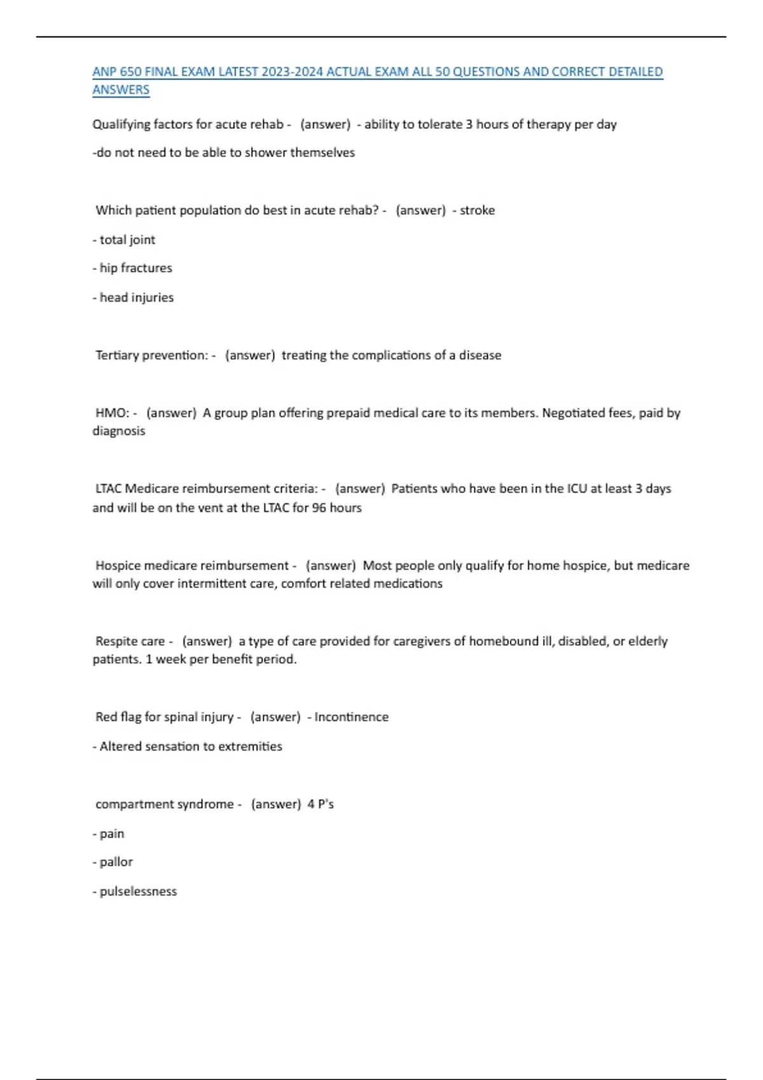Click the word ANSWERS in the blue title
(121, 90)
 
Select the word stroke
(477, 210)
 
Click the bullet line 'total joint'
(127, 240)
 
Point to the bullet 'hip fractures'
(135, 268)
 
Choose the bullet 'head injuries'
(136, 297)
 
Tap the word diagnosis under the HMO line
(119, 431)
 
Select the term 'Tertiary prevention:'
(151, 355)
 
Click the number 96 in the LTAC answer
(319, 508)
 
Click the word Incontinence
(351, 717)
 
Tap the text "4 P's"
(320, 804)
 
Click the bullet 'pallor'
(116, 862)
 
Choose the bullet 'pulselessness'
(138, 891)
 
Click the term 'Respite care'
(130, 641)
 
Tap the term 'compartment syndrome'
(164, 804)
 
